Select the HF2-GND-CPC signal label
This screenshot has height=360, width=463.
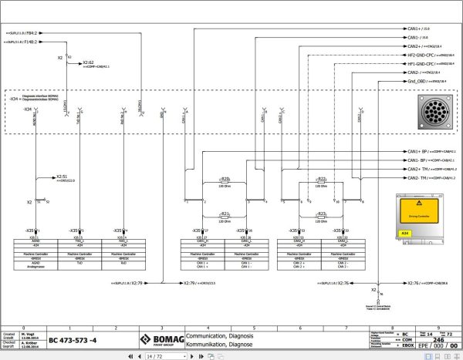click(420, 55)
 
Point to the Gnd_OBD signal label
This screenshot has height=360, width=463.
click(418, 81)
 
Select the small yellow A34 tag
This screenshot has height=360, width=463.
click(404, 232)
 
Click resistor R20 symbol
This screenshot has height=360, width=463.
click(226, 179)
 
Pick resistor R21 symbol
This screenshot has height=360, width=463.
click(226, 214)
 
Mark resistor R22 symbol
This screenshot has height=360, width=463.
click(322, 179)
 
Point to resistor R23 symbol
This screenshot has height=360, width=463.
click(322, 214)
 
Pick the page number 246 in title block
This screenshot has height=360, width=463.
click(438, 338)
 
